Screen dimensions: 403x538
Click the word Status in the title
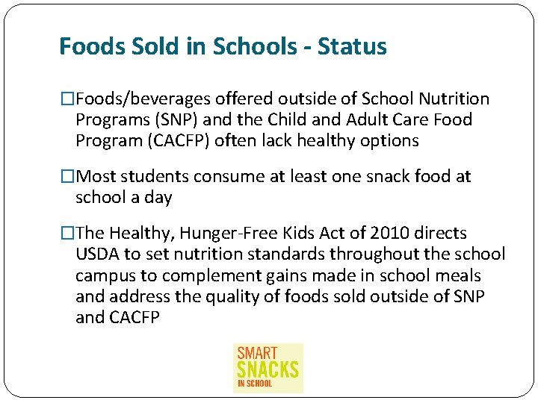[x=352, y=47]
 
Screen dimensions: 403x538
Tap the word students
[x=154, y=177]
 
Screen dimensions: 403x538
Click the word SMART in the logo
[x=257, y=353]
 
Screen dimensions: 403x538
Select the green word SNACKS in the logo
[x=268, y=369]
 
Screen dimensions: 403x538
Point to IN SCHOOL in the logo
[x=255, y=384]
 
